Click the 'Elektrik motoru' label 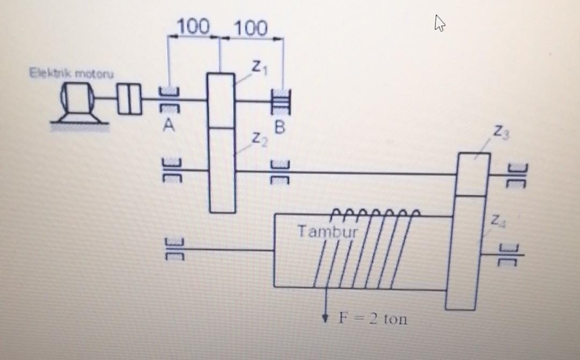coord(72,73)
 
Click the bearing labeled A coord(169,100)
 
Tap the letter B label coord(279,128)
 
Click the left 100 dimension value coord(193,26)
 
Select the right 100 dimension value coord(250,28)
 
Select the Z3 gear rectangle coord(473,174)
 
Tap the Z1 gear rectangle coord(221,100)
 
